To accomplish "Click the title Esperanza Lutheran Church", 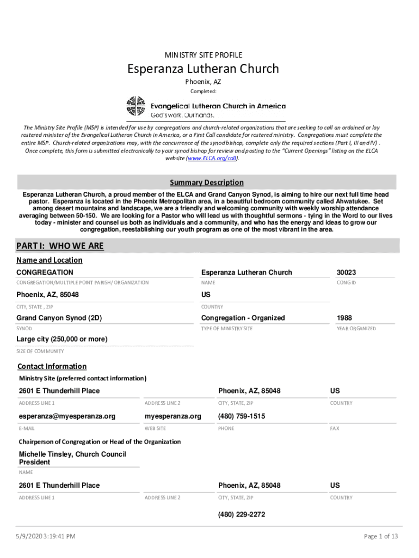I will coord(203,69).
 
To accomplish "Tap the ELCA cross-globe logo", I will coord(135,106).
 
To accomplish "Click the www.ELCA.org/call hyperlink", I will coord(212,158).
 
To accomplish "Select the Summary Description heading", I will coord(206,183).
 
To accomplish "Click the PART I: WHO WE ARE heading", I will coord(60,246).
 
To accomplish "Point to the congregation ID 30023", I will coord(346,272).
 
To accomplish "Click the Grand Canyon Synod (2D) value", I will coord(59,318).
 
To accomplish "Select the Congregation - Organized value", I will coord(243,318).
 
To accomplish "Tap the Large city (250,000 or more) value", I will coord(61,339).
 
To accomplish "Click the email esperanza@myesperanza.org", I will coord(67,416).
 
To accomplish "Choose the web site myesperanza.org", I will coord(172,416).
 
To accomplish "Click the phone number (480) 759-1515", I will coord(242,416).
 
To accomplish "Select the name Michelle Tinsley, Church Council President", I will coord(72,458).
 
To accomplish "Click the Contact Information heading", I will coord(52,366).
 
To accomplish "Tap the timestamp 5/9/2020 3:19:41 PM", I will coord(46,537).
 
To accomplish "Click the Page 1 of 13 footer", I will coord(381,537).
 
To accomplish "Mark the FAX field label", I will coord(335,429).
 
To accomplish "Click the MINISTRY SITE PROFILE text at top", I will coord(203,55).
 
